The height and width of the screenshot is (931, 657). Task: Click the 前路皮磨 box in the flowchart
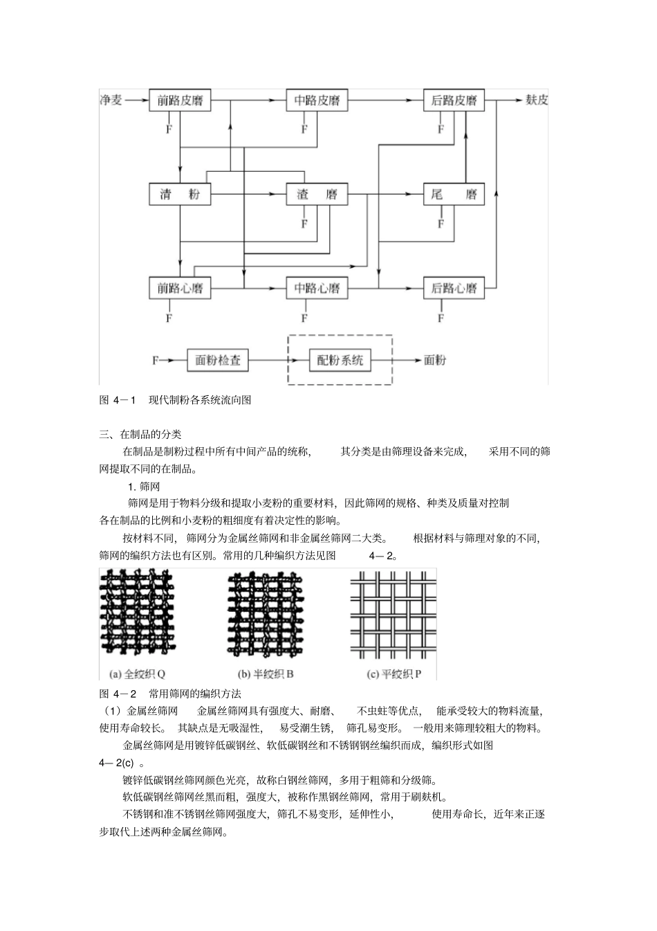(180, 100)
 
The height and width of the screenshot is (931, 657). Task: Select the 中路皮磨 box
(317, 100)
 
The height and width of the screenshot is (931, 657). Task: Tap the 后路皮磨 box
(454, 100)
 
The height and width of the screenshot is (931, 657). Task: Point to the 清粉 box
(180, 194)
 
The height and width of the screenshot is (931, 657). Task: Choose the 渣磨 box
(317, 194)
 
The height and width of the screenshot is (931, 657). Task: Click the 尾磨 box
(454, 194)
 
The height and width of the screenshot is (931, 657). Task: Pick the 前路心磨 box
(180, 288)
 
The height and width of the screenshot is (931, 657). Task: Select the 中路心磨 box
(317, 288)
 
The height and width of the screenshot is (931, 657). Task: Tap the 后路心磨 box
(454, 288)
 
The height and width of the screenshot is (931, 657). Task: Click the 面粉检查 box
(218, 360)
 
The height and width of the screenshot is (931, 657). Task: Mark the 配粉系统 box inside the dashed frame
(340, 360)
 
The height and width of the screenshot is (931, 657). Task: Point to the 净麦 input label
(111, 100)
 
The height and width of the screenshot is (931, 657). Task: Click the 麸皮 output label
(537, 100)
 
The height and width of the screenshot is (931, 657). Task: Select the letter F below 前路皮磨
(169, 129)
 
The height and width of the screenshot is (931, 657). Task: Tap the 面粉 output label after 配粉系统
(435, 360)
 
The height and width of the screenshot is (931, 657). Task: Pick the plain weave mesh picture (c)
(393, 613)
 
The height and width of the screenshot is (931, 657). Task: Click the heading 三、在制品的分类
(140, 435)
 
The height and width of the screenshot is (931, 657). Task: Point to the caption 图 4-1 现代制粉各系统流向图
(175, 399)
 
